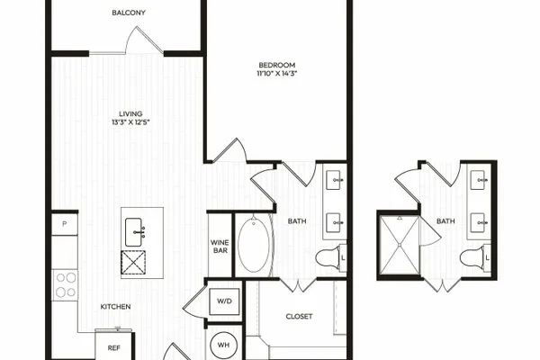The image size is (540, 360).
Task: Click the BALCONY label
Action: (x=129, y=13)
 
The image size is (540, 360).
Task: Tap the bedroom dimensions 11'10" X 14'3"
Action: (x=277, y=74)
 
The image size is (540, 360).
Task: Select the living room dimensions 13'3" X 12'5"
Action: (x=130, y=122)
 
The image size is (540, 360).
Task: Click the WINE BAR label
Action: (x=220, y=247)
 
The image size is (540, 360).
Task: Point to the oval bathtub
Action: (x=254, y=245)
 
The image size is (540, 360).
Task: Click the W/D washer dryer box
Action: (x=224, y=301)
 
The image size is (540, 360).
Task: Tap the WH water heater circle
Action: (x=223, y=346)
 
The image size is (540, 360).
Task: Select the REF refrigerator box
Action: (x=113, y=346)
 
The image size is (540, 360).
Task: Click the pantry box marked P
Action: (x=65, y=224)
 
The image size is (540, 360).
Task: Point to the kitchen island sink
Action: (x=133, y=232)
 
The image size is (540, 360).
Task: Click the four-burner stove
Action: (x=65, y=285)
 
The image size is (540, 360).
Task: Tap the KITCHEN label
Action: (x=115, y=307)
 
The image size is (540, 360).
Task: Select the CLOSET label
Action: (x=300, y=316)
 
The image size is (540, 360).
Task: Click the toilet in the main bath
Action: (x=329, y=257)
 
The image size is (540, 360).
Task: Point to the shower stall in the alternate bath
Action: (x=400, y=245)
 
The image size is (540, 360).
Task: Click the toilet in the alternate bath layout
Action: (x=474, y=257)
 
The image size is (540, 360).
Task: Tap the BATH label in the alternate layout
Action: (x=445, y=221)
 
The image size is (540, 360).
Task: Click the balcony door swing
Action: (x=144, y=41)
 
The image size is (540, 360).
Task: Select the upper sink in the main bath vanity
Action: (x=334, y=180)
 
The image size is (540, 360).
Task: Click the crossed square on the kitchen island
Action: (x=133, y=263)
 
